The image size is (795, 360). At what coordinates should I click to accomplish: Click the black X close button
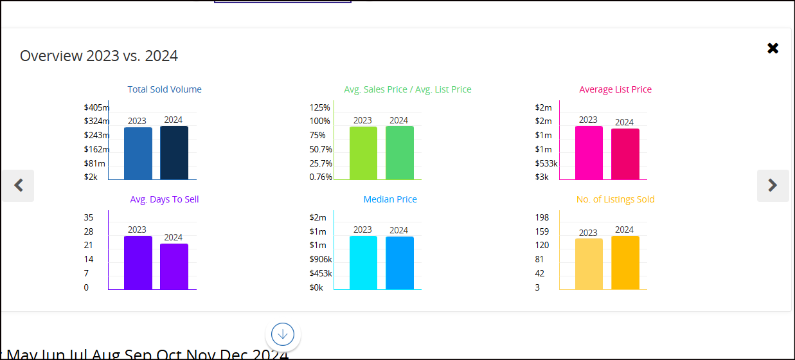(773, 48)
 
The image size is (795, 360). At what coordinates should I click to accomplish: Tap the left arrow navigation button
(18, 186)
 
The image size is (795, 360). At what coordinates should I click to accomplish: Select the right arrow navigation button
(773, 186)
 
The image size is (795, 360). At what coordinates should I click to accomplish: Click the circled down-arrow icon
(283, 334)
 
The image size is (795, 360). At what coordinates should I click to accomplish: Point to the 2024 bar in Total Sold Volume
(174, 153)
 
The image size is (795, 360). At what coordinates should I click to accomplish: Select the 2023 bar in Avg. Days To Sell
(138, 263)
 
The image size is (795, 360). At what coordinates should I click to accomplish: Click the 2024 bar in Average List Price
(625, 154)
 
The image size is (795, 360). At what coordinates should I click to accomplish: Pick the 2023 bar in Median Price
(363, 263)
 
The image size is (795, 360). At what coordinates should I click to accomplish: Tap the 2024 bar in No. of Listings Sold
(625, 263)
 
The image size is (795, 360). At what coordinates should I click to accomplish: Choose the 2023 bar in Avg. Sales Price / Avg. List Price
(363, 154)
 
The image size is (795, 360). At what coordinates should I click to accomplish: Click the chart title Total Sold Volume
(165, 89)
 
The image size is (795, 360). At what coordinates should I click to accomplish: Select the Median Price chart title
(390, 199)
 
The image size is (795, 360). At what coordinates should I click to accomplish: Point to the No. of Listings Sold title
(615, 199)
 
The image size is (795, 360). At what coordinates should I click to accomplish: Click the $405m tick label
(96, 107)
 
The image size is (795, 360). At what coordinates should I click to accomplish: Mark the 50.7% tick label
(321, 150)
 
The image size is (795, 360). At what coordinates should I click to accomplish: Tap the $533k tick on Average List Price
(546, 164)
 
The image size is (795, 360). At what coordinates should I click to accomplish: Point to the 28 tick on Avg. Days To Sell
(89, 231)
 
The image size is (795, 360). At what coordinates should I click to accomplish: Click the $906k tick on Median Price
(321, 260)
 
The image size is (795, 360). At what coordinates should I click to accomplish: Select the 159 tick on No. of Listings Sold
(542, 231)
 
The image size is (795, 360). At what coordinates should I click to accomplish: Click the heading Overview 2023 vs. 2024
(99, 56)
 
